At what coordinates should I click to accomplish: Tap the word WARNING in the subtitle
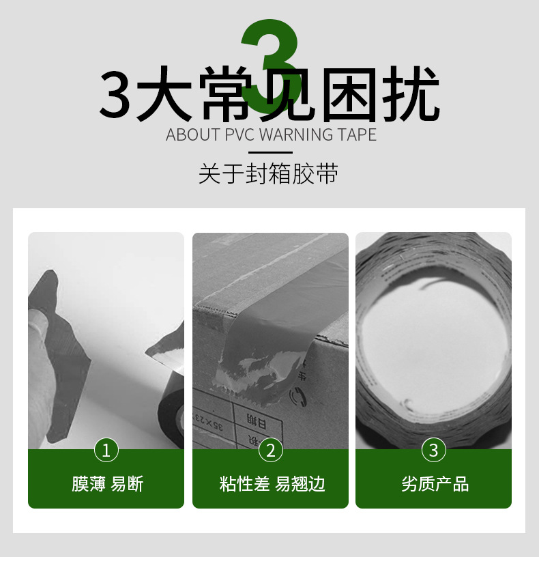tap(296, 135)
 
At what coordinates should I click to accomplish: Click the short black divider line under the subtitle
tap(270, 153)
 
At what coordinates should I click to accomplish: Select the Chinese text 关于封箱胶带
tap(269, 174)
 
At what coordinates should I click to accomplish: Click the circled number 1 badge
tap(106, 450)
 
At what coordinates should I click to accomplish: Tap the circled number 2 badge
tap(270, 450)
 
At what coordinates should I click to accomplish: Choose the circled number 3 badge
tap(434, 450)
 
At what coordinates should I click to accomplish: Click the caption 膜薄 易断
tap(108, 484)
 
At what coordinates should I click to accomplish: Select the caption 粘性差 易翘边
tap(272, 484)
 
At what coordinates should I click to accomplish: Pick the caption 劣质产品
tap(435, 484)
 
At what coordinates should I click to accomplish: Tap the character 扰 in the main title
tap(410, 94)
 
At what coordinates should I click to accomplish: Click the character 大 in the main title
tap(164, 94)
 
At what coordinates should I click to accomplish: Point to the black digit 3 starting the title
tap(115, 94)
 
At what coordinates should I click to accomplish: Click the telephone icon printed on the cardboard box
tap(297, 395)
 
